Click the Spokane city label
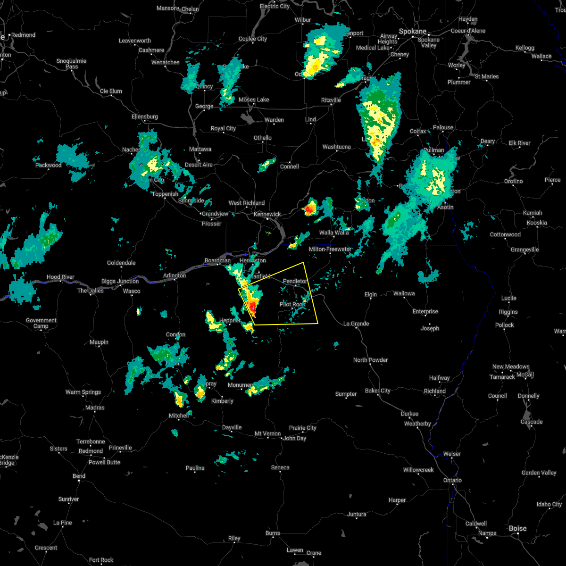point(412,32)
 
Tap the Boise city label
point(517,528)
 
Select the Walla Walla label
point(334,233)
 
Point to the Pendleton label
point(295,282)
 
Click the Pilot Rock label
point(292,305)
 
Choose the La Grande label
point(356,324)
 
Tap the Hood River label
point(60,277)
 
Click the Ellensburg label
point(145,117)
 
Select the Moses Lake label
point(254,100)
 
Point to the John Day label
point(295,439)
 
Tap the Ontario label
point(452,481)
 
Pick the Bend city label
point(79,476)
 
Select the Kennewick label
point(267,214)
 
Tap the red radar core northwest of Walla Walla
point(310,208)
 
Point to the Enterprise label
point(425,312)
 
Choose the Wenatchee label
point(165,63)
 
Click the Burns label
point(273,533)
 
